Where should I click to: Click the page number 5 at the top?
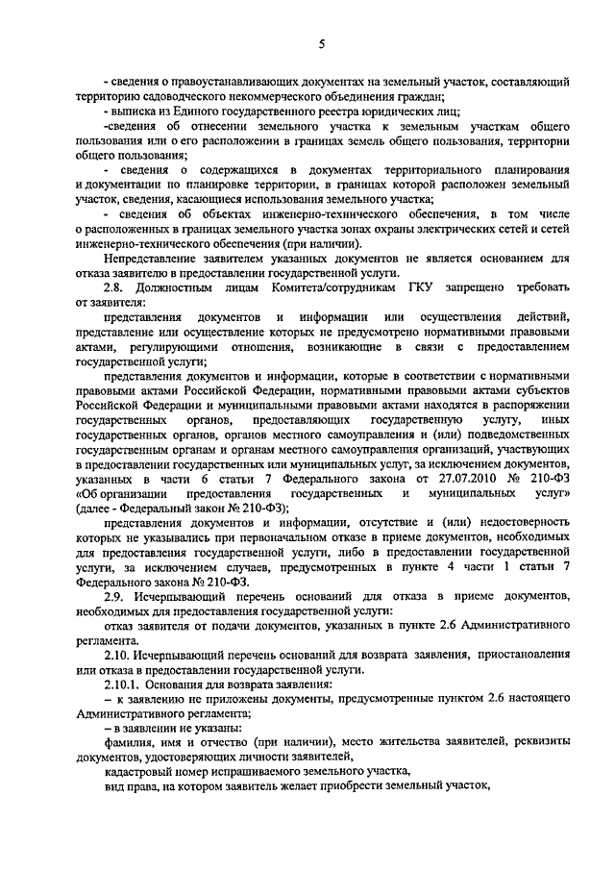pyautogui.click(x=321, y=43)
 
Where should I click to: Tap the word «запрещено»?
pyautogui.click(x=480, y=286)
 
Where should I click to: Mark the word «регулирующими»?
pyautogui.click(x=157, y=344)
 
